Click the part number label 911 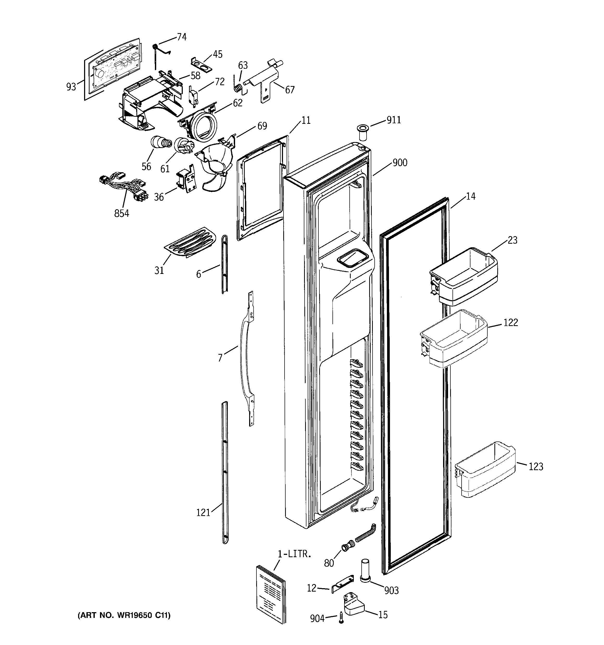[394, 120]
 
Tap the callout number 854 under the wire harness [122, 213]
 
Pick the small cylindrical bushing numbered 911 [363, 131]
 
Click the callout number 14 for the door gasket [470, 196]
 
